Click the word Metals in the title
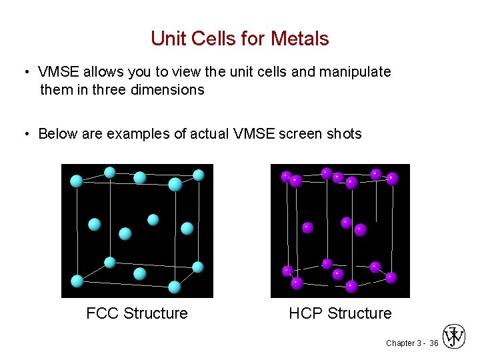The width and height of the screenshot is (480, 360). [299, 39]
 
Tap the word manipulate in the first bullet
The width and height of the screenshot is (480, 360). [355, 72]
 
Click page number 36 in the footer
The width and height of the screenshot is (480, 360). [433, 343]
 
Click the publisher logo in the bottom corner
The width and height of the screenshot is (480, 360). [455, 337]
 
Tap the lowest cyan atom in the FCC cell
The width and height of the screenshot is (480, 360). [175, 287]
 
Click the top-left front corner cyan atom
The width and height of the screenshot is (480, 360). [77, 181]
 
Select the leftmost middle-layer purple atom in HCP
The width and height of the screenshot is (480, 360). [307, 227]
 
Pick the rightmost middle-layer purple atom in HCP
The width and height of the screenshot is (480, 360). [361, 230]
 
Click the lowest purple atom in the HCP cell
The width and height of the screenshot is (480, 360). [351, 287]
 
